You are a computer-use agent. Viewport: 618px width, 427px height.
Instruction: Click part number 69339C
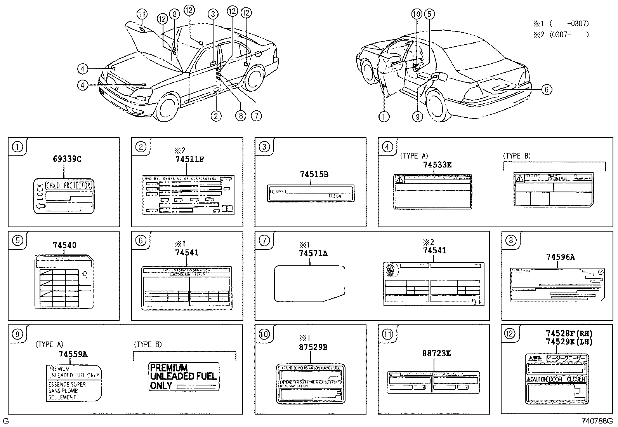tap(67, 159)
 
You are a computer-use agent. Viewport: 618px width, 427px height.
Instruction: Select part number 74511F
tap(189, 159)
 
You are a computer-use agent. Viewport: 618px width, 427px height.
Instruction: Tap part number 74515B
tap(314, 174)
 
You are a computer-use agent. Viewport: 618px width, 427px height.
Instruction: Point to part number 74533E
tap(437, 165)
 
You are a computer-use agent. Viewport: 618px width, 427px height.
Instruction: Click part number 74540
tap(64, 245)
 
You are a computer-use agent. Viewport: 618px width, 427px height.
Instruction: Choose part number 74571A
tap(313, 253)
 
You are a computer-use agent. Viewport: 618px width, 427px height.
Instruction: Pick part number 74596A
tap(560, 257)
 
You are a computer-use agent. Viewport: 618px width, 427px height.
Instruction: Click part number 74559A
tap(73, 354)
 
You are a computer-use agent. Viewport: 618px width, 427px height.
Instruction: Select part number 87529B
tap(313, 347)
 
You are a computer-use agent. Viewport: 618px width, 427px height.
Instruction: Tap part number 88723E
tap(436, 354)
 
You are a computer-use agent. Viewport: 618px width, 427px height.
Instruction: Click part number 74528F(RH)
tap(569, 333)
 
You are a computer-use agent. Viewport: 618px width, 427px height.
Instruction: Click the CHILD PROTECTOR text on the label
tap(68, 185)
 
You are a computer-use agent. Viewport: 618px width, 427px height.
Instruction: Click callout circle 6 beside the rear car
tap(546, 90)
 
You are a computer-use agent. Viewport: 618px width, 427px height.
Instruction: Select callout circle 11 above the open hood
tap(142, 14)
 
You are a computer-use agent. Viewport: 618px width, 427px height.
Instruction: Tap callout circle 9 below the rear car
tap(417, 116)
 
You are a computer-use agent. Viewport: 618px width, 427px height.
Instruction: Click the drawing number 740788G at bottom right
tap(597, 421)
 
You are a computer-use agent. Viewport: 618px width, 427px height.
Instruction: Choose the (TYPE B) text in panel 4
tap(516, 156)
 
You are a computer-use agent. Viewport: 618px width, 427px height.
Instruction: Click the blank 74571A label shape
tap(309, 283)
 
